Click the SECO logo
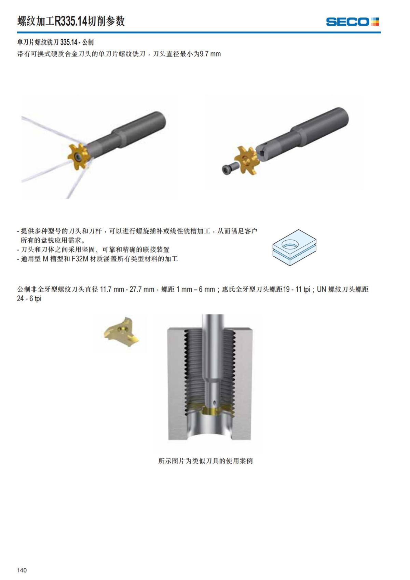point(352,22)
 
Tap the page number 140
point(22,570)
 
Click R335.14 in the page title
point(71,21)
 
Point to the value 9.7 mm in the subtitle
point(210,54)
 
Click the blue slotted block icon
point(294,247)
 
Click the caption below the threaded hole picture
point(205,461)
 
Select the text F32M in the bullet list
point(80,259)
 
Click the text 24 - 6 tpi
point(29,299)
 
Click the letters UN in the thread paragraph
point(321,289)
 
